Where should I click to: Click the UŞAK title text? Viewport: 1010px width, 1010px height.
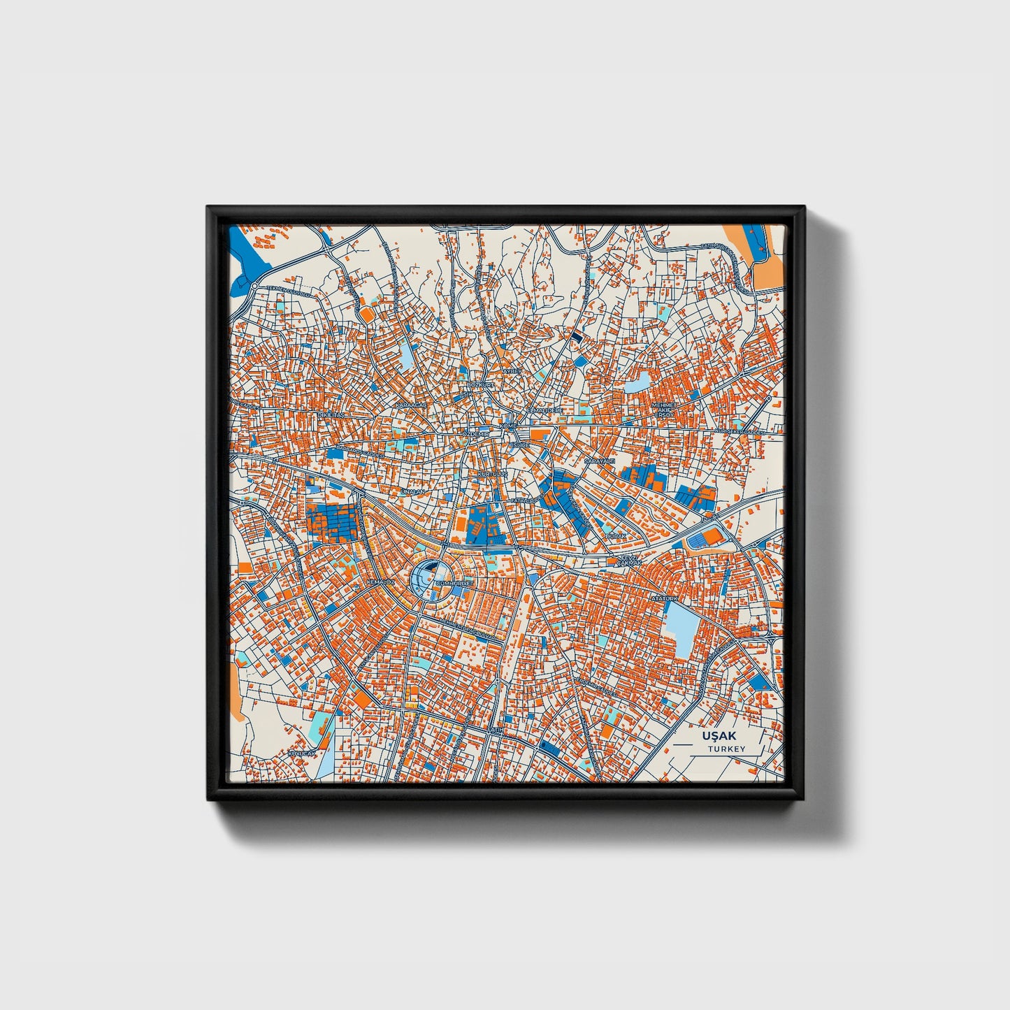coord(719,736)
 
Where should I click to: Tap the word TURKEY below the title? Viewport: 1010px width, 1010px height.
coord(726,749)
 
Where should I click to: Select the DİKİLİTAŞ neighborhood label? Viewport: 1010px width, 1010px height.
coord(331,415)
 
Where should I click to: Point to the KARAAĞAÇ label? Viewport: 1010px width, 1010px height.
coord(410,405)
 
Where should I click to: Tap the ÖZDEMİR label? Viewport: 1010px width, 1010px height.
coord(477,434)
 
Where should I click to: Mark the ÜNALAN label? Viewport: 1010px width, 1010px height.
coord(412,492)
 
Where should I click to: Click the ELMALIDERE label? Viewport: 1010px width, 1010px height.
coord(544,410)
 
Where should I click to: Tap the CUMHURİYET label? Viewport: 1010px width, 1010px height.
coord(454,582)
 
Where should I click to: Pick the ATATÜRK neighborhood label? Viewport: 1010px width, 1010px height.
coord(665,599)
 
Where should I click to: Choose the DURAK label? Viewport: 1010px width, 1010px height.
coord(615,535)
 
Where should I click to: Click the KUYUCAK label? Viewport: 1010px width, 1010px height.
coord(302,754)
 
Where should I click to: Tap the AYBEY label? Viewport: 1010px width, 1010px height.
coord(514,370)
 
